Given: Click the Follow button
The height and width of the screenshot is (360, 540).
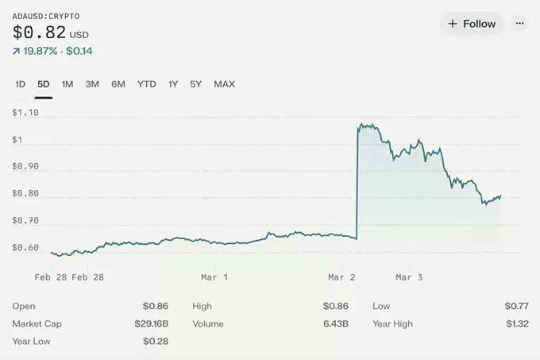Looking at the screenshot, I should [472, 24].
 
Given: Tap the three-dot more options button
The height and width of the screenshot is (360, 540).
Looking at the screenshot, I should [520, 23].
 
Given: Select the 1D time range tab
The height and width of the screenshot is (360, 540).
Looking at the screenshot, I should [21, 84].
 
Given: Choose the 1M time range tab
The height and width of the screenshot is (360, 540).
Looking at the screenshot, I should [67, 84].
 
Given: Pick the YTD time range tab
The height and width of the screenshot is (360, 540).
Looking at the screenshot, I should [147, 84].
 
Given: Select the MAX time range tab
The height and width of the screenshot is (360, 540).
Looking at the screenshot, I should [224, 84].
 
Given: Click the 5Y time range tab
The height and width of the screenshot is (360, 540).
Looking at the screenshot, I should [195, 84].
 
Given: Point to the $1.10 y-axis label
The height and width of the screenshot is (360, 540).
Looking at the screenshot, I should [25, 113].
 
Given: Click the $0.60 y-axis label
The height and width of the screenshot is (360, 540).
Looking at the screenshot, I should [25, 248].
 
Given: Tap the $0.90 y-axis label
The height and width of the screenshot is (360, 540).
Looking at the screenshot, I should [25, 167].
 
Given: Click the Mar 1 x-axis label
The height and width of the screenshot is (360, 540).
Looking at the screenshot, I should [214, 277].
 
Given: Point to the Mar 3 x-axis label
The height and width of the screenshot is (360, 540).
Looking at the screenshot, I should [409, 277].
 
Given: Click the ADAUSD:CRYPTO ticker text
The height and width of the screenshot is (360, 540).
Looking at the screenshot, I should [45, 16].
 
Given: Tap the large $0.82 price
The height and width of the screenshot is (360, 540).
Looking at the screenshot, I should [39, 33].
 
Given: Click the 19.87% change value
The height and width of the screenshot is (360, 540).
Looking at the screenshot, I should [40, 51].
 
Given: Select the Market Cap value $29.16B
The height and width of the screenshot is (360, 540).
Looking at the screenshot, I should [151, 323].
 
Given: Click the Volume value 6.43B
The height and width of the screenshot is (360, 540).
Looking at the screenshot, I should [336, 323].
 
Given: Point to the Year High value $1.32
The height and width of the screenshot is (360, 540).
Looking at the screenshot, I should [516, 323].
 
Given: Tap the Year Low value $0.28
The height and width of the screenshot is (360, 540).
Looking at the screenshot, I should [156, 341].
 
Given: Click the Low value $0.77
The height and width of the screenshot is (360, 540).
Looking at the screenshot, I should [516, 306].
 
